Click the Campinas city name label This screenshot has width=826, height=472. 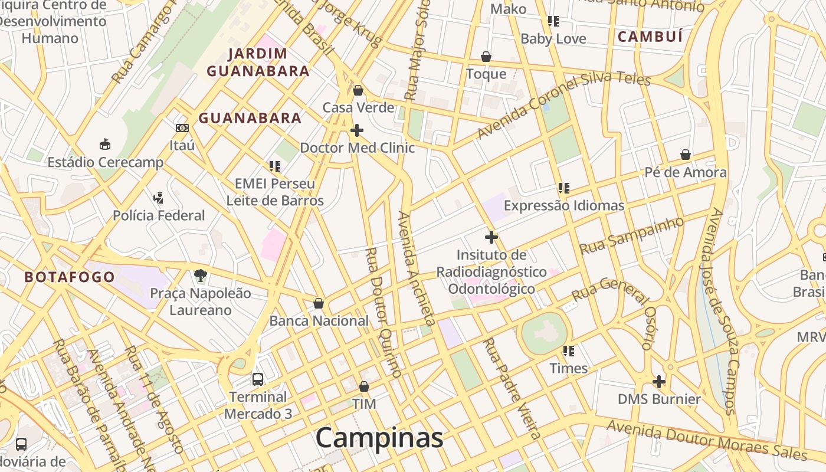(x=379, y=438)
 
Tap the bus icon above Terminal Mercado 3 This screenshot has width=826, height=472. (x=258, y=379)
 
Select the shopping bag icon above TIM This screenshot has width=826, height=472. (x=364, y=386)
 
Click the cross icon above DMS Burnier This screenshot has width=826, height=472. (x=659, y=382)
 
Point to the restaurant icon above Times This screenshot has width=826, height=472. (x=568, y=351)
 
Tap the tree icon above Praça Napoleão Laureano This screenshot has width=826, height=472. (x=200, y=275)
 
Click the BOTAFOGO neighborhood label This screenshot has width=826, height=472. (x=70, y=277)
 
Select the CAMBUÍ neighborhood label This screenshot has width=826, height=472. (x=650, y=37)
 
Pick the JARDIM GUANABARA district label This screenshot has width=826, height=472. (x=258, y=63)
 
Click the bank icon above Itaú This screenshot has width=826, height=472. (x=182, y=127)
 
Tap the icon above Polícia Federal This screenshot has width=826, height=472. (x=158, y=198)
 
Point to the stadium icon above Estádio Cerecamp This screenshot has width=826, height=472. (x=105, y=144)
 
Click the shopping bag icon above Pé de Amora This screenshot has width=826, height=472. (x=685, y=155)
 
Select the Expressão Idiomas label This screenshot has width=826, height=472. (x=563, y=205)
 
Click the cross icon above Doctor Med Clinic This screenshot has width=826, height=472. (x=356, y=130)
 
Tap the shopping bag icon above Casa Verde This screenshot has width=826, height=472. (x=358, y=90)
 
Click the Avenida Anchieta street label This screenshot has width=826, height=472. (x=416, y=268)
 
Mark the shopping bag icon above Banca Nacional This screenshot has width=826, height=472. (x=318, y=303)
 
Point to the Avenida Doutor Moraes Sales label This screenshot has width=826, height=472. (x=706, y=440)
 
